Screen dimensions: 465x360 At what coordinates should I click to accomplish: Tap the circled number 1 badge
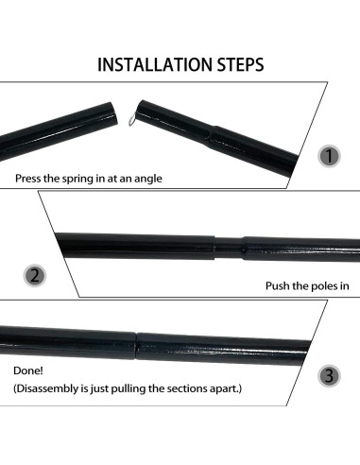329,156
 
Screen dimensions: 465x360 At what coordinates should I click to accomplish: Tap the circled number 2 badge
34,277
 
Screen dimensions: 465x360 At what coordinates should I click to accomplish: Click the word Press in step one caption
29,178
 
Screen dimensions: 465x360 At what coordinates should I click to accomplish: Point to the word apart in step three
226,387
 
